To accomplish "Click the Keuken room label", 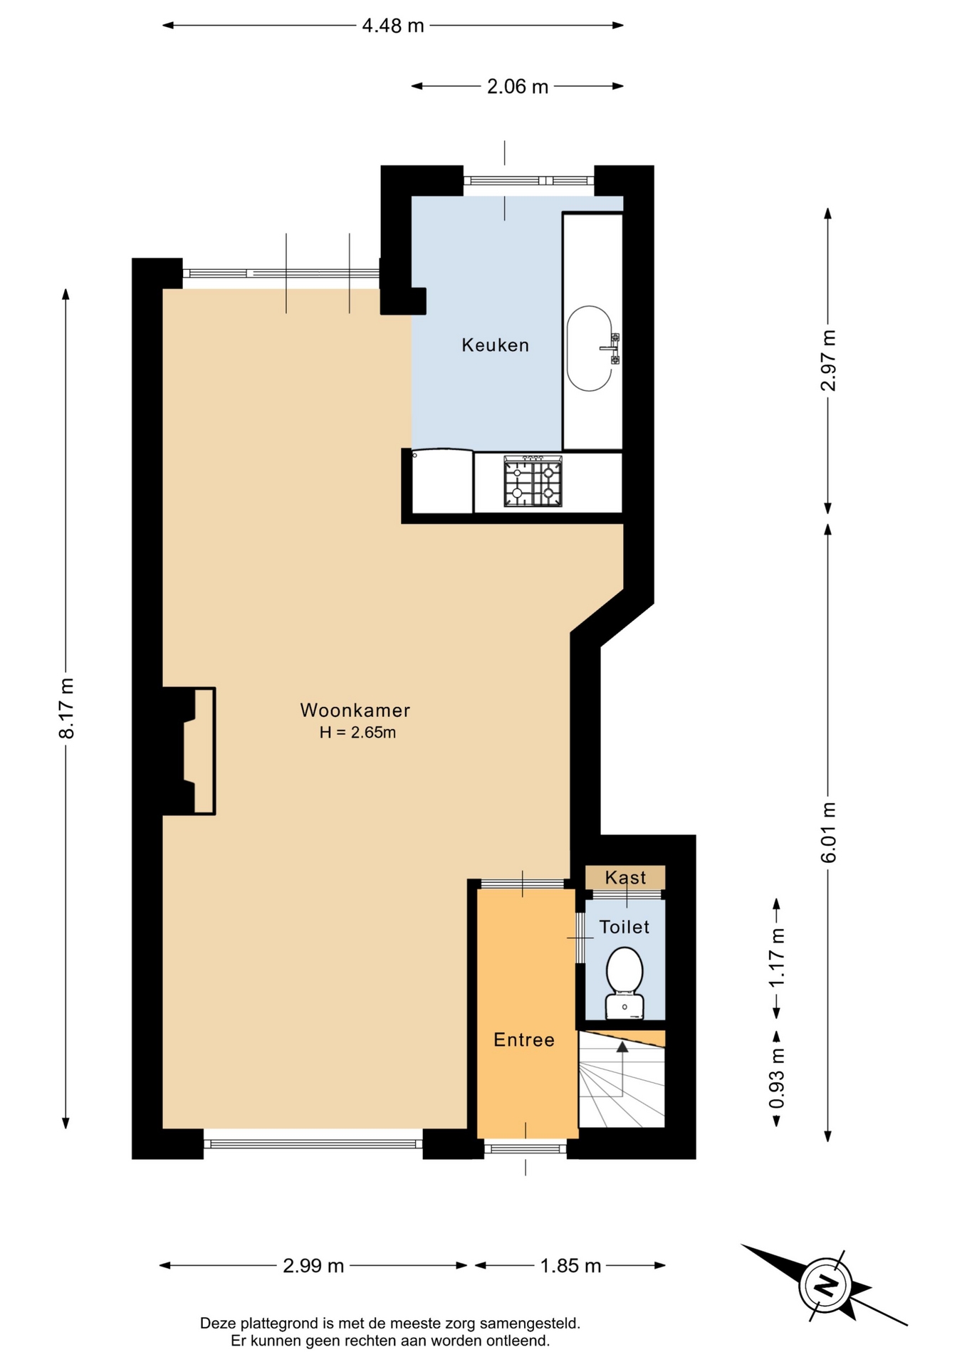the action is (495, 345).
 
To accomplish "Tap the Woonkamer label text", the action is (355, 710).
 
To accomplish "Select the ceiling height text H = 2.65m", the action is (357, 732).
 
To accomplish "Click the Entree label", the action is (524, 1039).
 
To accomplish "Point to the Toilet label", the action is (624, 926).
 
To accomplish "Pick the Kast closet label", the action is (625, 877).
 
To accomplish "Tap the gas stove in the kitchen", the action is (533, 482).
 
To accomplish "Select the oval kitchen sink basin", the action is (590, 348).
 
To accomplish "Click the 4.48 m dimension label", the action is (393, 26).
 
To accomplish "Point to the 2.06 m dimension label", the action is (518, 86).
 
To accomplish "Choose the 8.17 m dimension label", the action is (66, 708).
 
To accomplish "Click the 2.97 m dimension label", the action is (828, 360).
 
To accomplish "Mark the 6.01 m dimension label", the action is (828, 832).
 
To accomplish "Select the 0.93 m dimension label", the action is (777, 1078).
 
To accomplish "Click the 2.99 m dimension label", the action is (313, 1265).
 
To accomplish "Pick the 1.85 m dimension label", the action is (570, 1265).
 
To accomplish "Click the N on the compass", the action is (826, 1285).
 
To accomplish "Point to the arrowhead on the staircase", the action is (622, 1047).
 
